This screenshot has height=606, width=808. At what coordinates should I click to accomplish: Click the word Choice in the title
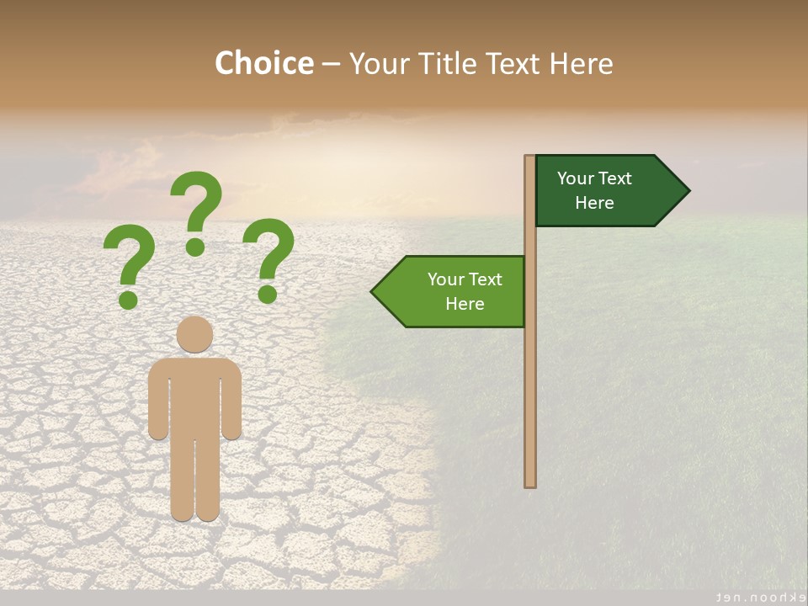[263, 63]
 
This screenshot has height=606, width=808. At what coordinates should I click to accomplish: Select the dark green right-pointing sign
[602, 190]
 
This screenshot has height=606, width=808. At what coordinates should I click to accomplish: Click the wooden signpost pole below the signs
[530, 404]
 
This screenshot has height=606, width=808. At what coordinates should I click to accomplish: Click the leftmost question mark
[130, 261]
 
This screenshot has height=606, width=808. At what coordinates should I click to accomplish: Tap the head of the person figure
[195, 334]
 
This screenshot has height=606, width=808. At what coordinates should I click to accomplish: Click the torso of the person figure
[195, 396]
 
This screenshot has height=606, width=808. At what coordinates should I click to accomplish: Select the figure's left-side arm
[157, 400]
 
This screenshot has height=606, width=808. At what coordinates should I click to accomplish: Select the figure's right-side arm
[232, 400]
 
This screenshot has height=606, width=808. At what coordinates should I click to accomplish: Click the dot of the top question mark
[195, 247]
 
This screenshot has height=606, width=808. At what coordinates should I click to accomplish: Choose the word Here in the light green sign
[465, 304]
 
